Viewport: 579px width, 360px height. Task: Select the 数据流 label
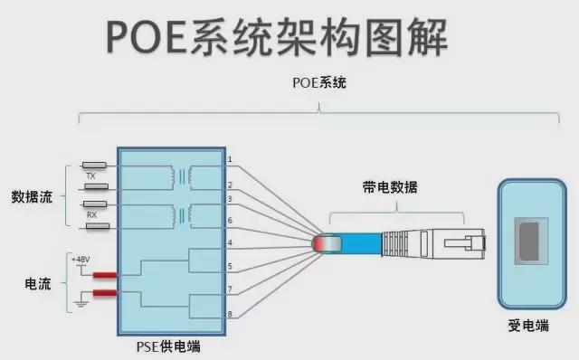coord(32,195)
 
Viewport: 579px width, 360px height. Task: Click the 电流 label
coord(37,283)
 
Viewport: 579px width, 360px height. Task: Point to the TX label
coord(91,175)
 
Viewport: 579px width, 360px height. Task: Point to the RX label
coord(91,214)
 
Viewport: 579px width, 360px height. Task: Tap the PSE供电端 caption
coord(171,345)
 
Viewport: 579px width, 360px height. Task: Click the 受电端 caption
coord(529,325)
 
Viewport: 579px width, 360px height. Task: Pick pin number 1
coord(230,160)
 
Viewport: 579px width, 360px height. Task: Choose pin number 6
coord(230,220)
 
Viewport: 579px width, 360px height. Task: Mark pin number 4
coord(230,242)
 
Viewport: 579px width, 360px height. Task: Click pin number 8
coord(230,313)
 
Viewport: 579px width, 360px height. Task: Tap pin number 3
coord(230,198)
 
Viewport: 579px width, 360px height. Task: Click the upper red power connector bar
coord(104,275)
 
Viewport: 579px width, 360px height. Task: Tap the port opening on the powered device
coord(529,242)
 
